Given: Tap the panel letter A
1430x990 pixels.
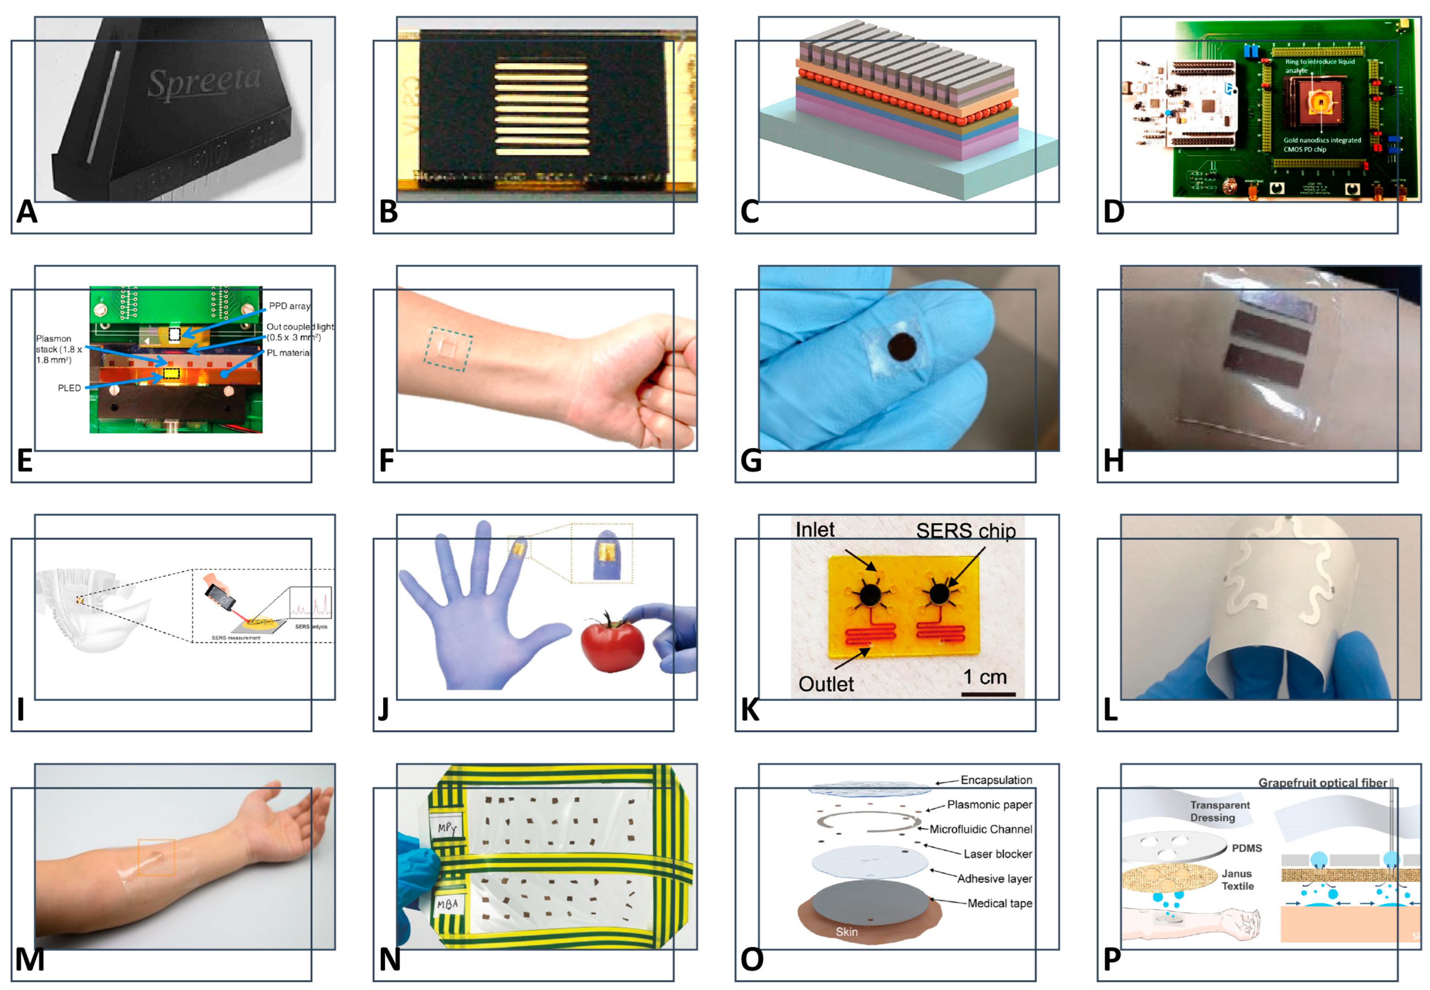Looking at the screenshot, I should tap(27, 212).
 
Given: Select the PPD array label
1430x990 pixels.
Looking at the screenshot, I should tap(289, 306).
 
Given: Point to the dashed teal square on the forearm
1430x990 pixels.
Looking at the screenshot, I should tap(448, 349).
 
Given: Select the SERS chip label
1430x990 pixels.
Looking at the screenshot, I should tap(966, 531).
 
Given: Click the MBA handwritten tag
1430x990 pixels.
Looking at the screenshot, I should tap(447, 904).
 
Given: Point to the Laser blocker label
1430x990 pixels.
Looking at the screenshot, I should tap(997, 854).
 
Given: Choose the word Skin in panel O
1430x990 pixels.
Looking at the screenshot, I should tap(847, 932).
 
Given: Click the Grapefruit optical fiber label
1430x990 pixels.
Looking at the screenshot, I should tap(1322, 783).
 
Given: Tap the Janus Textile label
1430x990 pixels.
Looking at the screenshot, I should tap(1238, 880).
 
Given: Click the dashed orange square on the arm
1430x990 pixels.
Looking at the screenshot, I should tap(156, 857).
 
